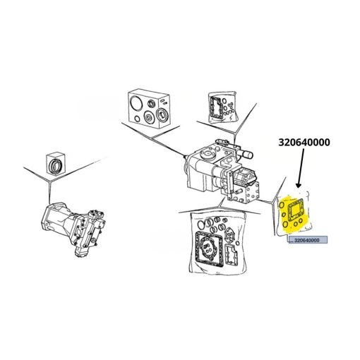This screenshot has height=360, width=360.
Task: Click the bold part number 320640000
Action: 304,143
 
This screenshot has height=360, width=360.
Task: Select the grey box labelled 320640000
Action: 308,240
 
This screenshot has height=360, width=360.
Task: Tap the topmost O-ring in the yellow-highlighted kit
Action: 282,205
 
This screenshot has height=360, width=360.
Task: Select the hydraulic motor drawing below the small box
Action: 73,228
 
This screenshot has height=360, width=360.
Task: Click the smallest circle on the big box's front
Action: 137,119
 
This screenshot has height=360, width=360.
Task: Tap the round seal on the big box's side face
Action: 162,115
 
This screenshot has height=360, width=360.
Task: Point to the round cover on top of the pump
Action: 208,154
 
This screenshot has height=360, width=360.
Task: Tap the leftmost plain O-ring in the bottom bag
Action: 200,224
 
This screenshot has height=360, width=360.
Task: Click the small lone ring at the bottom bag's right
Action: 238,243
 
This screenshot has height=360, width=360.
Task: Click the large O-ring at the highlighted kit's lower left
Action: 285,224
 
